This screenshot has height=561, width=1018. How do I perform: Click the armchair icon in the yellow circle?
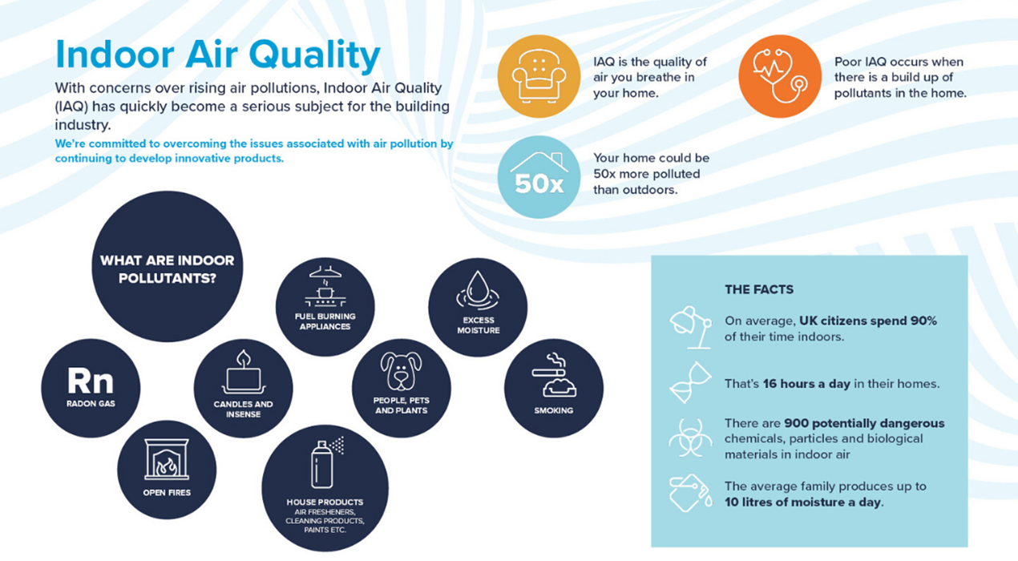coord(539,75)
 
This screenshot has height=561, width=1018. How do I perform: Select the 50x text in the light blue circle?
coord(539,184)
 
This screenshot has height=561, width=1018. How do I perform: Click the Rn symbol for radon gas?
coord(91,381)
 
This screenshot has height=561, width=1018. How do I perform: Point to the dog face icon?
coord(401,371)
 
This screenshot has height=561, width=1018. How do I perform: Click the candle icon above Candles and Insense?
coord(244,372)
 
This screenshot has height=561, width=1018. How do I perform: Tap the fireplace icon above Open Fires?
coord(167,459)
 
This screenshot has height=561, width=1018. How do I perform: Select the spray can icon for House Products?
coord(327,463)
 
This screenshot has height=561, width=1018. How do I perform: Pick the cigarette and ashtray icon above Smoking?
coord(554,376)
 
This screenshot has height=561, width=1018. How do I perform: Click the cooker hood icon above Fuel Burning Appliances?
coord(325,286)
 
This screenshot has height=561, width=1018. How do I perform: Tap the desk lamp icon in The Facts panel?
coord(690,327)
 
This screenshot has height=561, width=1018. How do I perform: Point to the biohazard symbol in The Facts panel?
coord(690,438)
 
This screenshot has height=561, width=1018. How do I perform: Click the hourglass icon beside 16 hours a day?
coord(690,382)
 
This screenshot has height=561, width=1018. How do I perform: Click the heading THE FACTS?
coord(759,289)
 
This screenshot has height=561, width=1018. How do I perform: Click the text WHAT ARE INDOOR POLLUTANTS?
coord(168,269)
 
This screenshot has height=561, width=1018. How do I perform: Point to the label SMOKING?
coord(554,410)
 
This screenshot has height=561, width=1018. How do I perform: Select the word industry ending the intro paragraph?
coord(83,125)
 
